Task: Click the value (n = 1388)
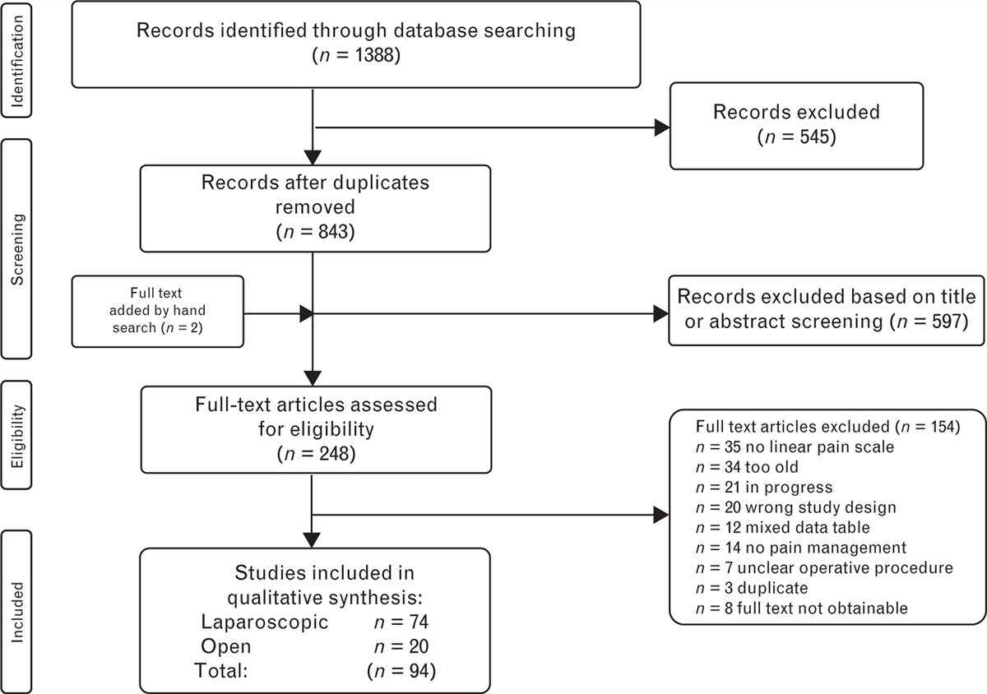click(x=355, y=58)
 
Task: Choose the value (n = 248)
click(x=315, y=453)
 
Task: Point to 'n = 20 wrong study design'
click(x=782, y=507)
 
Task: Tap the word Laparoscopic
click(x=264, y=622)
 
